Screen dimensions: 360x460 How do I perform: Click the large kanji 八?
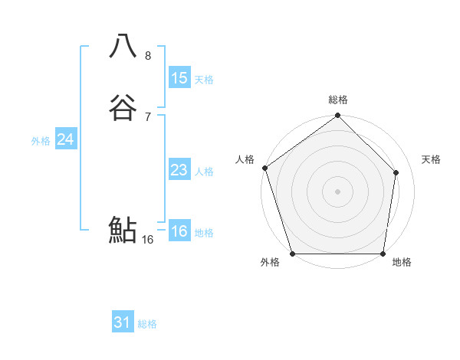click(123, 46)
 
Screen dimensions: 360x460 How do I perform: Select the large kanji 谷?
click(123, 107)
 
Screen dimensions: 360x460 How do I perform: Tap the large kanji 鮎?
click(123, 229)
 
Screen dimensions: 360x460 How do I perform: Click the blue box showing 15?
click(179, 78)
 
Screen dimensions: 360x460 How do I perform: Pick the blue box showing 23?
click(179, 170)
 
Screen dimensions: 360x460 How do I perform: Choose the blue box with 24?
click(66, 139)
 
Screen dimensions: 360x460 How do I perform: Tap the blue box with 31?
click(123, 322)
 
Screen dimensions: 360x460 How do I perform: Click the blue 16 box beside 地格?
click(179, 231)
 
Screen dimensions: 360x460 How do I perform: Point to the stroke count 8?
click(148, 55)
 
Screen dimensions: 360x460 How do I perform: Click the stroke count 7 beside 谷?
click(148, 116)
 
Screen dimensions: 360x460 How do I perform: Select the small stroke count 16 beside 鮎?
click(148, 239)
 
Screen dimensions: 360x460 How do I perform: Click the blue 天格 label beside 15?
click(204, 80)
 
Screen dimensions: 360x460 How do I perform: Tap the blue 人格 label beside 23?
click(204, 172)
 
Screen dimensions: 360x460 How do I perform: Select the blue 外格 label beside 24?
click(41, 141)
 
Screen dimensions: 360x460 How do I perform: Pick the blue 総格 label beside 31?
click(147, 324)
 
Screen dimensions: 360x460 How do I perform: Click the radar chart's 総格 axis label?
click(337, 100)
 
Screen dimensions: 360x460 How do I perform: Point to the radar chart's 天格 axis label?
click(431, 159)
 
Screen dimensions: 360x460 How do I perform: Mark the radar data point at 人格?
click(265, 168)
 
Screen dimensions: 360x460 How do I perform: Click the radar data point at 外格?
click(293, 253)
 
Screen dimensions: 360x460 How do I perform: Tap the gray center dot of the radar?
click(337, 191)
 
